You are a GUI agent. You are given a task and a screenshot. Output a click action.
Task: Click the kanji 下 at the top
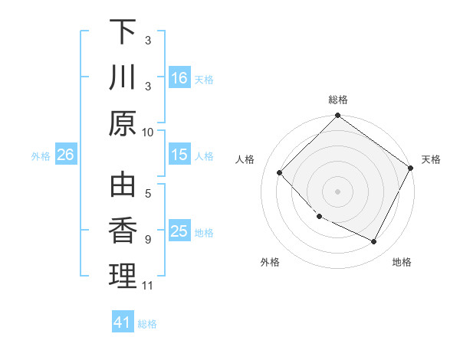tap(123, 32)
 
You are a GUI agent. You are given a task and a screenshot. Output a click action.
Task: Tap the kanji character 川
tap(123, 77)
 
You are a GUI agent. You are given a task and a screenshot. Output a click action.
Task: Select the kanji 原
tap(123, 123)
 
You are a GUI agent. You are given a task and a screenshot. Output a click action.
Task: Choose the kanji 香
tap(123, 231)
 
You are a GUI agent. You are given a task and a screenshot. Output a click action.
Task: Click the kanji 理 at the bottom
tap(123, 276)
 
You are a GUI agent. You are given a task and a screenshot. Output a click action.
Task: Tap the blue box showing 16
tap(179, 77)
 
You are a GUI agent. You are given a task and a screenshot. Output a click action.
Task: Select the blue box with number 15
tap(179, 155)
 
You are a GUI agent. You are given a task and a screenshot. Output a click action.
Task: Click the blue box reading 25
tap(179, 231)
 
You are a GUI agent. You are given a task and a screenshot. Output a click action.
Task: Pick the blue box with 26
tap(65, 155)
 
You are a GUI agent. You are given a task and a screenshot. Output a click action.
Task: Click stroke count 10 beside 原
tap(148, 132)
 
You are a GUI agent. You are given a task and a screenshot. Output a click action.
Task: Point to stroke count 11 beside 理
tap(148, 286)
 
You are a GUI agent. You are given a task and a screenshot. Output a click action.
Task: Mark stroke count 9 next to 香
tap(148, 240)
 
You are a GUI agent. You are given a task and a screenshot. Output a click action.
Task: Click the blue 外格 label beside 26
tap(41, 156)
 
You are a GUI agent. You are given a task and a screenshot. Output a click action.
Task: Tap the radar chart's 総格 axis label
tap(338, 100)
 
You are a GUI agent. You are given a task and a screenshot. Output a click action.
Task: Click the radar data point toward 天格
tap(411, 168)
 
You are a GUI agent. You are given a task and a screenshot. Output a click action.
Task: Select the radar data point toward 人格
tap(280, 172)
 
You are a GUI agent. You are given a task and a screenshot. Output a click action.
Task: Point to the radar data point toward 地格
tap(374, 242)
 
